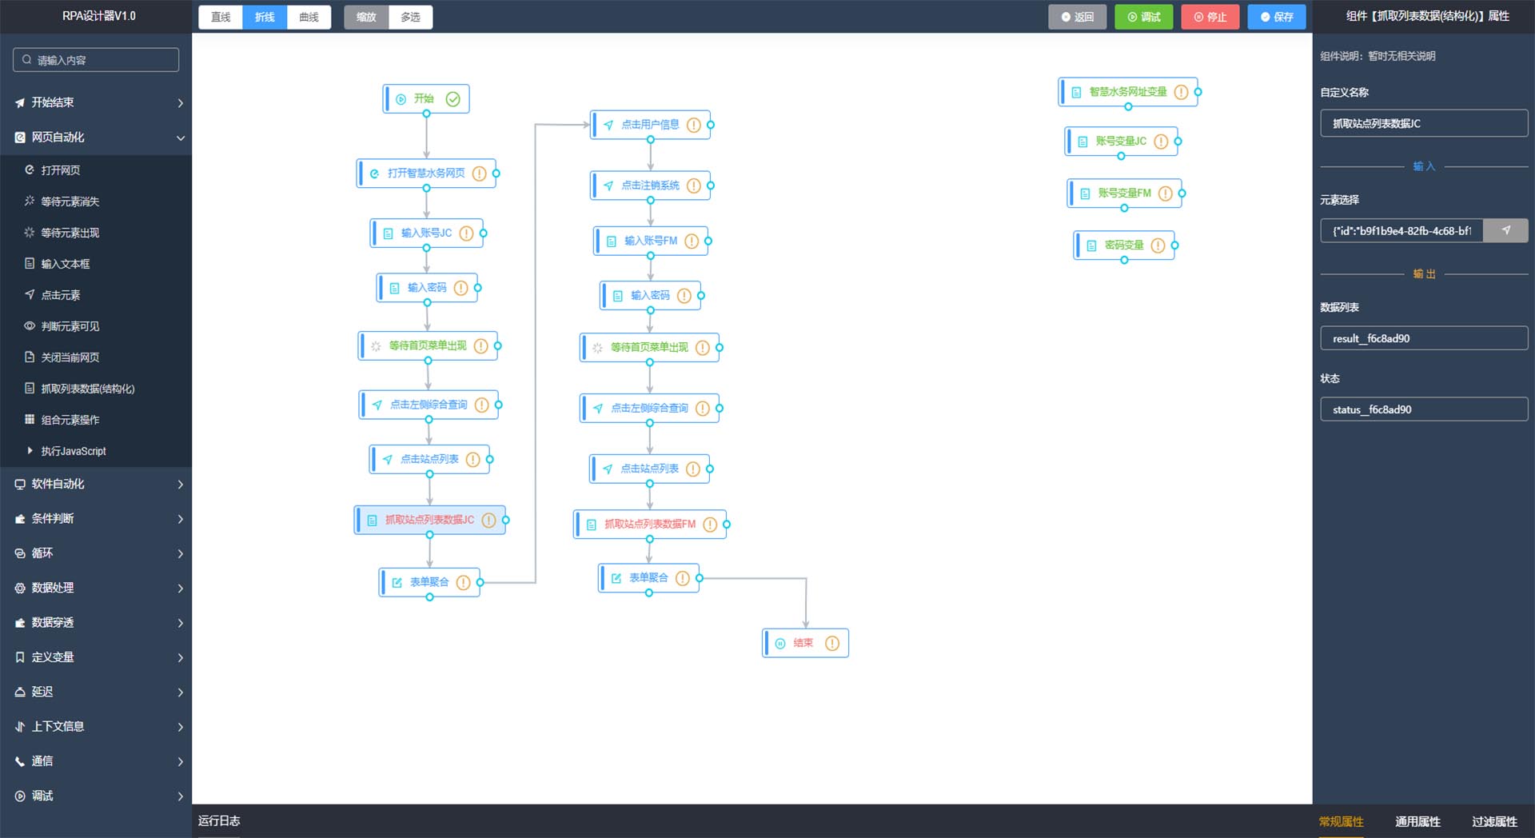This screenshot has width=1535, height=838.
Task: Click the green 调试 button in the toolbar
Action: [x=1143, y=17]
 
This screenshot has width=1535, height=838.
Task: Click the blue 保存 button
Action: [x=1276, y=17]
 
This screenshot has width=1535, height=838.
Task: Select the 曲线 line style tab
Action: [x=309, y=17]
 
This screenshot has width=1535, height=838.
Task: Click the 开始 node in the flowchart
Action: [x=424, y=99]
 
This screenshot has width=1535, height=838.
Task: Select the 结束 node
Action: [x=803, y=643]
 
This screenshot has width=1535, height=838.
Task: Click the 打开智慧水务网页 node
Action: [x=425, y=174]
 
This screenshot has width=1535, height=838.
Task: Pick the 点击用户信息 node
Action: [x=649, y=125]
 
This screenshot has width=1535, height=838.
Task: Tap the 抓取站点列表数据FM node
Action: [x=649, y=525]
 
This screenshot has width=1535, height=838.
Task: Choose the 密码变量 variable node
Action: [x=1123, y=245]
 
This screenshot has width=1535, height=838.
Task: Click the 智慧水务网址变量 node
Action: [x=1127, y=92]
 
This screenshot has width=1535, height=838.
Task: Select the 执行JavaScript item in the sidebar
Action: [x=74, y=451]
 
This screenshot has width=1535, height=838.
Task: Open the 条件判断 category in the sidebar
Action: [x=53, y=518]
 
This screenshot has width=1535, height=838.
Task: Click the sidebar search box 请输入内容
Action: [x=96, y=60]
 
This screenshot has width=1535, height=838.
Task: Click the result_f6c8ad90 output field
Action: [x=1423, y=338]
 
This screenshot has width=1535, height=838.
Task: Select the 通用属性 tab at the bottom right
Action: [x=1417, y=821]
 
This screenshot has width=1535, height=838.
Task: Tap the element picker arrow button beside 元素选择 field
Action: [x=1505, y=230]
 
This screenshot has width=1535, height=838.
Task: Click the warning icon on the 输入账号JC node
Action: [x=466, y=233]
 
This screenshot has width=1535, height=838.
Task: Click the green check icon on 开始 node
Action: [x=453, y=99]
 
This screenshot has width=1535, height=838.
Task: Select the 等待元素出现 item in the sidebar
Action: [x=70, y=233]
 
